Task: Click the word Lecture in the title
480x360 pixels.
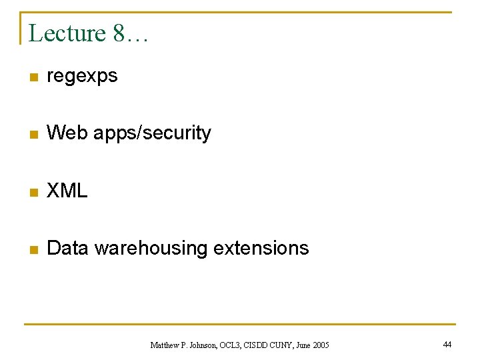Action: [67, 33]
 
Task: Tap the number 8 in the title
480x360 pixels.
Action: [119, 33]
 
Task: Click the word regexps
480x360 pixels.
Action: [82, 76]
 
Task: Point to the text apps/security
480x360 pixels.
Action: [152, 133]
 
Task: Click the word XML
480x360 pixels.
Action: [67, 191]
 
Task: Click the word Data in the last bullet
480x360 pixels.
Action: [68, 248]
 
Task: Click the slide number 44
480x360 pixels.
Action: [447, 344]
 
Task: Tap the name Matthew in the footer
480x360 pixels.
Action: [165, 345]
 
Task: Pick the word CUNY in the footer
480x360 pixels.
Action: [281, 345]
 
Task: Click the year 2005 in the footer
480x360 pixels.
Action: [321, 345]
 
